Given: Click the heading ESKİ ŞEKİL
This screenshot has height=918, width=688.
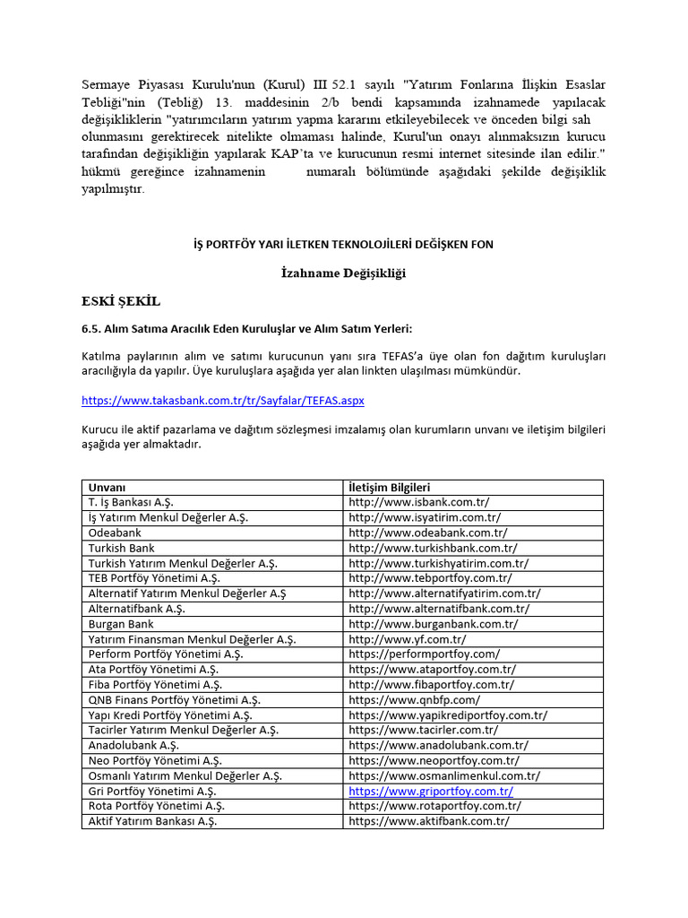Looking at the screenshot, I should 121,300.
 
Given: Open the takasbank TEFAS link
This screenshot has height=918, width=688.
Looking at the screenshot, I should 223,401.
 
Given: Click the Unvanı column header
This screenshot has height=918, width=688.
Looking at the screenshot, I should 107,487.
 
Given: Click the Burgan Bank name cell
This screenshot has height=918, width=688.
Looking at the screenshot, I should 121,624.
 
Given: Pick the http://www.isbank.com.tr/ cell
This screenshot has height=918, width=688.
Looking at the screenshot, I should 419,502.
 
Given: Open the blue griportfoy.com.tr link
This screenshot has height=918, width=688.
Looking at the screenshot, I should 431,792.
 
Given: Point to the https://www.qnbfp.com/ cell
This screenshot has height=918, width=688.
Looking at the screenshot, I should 415,700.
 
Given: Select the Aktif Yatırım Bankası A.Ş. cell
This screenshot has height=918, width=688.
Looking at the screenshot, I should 152,821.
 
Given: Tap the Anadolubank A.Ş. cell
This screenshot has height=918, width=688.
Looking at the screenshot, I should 133,746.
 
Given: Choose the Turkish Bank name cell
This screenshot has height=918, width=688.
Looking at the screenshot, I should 122,548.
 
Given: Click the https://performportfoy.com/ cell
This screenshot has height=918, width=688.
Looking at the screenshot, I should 425,654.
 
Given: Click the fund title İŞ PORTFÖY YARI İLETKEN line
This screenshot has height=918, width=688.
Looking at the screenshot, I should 343,244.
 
